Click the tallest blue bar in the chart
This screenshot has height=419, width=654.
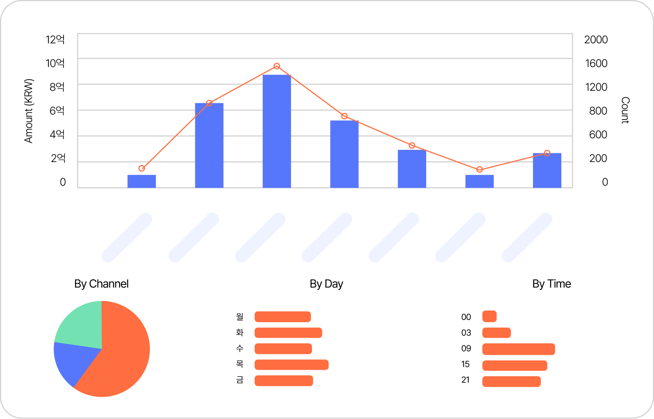click(x=277, y=131)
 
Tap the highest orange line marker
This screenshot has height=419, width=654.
click(x=277, y=66)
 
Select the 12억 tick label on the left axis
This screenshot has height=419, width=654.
click(x=55, y=39)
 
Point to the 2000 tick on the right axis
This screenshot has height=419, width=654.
click(x=596, y=39)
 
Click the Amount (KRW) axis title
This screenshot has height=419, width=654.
click(x=29, y=111)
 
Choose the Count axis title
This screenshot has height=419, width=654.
click(x=625, y=110)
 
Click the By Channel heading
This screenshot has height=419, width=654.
click(x=101, y=284)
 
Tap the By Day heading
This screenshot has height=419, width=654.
click(x=326, y=284)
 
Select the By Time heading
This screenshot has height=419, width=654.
click(x=551, y=284)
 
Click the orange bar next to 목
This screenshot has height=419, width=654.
click(x=291, y=365)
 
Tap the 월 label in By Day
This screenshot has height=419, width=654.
click(x=239, y=317)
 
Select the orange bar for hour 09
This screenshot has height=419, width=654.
click(x=518, y=349)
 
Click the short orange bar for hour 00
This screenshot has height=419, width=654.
click(x=489, y=317)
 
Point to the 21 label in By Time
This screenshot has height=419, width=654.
click(x=466, y=380)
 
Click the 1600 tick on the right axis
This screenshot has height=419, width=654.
click(x=596, y=63)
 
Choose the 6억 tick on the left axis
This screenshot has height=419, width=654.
click(x=57, y=111)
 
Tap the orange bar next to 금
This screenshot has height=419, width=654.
click(x=284, y=380)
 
